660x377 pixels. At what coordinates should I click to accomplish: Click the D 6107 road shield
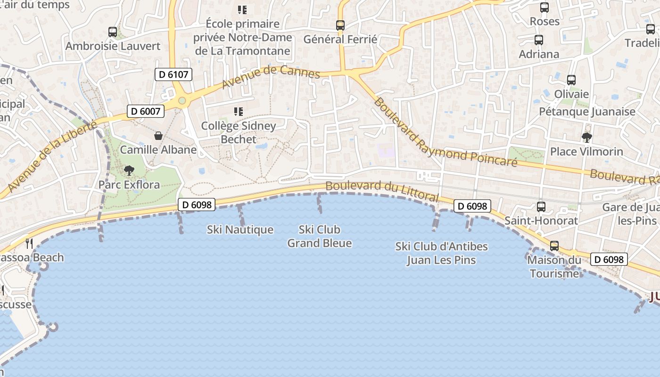[173, 74]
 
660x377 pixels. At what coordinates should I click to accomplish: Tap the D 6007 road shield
[146, 111]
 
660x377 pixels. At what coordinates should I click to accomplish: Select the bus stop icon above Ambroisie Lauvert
[113, 32]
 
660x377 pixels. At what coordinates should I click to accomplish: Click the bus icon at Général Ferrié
[340, 25]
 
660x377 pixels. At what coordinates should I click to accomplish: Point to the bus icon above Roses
[544, 8]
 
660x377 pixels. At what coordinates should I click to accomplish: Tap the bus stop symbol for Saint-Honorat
[541, 206]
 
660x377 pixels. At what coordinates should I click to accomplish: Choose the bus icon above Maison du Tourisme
[554, 246]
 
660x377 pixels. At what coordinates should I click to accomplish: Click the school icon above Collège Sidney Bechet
[239, 112]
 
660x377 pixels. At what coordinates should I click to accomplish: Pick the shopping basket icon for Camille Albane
[158, 136]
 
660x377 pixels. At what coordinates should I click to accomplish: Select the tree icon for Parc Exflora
[129, 170]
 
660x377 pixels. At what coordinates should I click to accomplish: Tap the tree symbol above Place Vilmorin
[586, 138]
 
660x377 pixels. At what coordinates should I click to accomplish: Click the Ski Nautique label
[240, 229]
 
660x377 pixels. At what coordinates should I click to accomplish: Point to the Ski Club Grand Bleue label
[320, 236]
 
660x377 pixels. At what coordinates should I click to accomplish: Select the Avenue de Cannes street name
[271, 76]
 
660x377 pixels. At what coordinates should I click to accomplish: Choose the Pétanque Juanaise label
[587, 112]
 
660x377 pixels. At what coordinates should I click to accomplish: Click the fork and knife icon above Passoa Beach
[29, 243]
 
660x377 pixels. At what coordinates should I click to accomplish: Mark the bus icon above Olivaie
[571, 80]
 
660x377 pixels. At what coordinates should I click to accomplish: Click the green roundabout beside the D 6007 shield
[182, 100]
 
